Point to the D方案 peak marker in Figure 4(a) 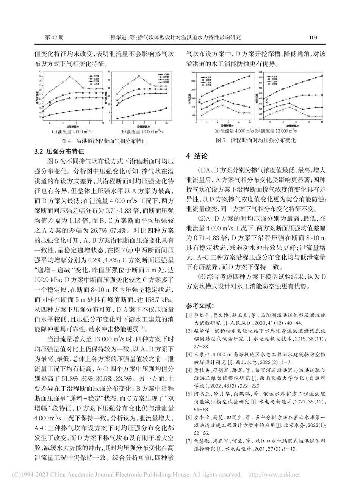(x=69, y=77)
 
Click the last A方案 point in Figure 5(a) (x=250, y=76)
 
